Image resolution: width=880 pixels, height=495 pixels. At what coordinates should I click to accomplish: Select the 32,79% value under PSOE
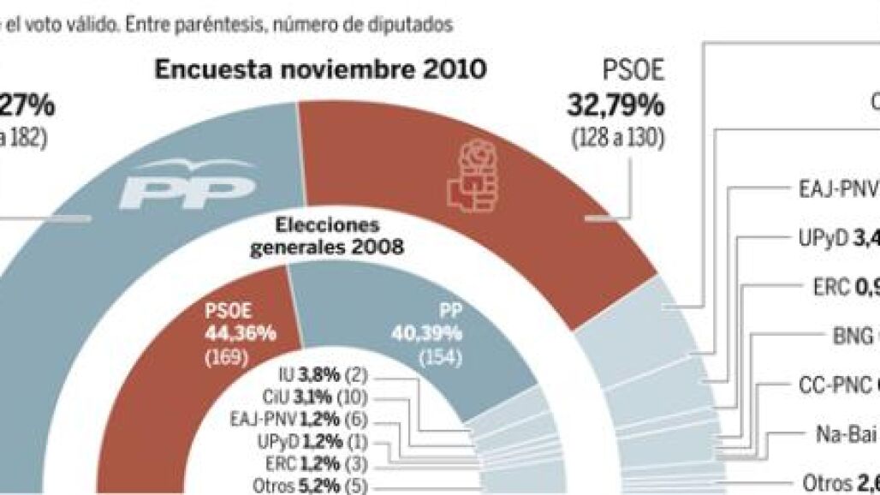615,105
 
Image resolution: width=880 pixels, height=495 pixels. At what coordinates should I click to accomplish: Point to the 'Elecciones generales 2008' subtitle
326,237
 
